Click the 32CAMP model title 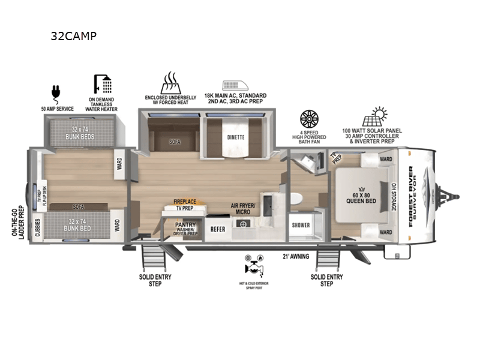click(74, 35)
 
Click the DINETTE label click(236, 137)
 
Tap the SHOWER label click(301, 226)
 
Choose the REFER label click(217, 229)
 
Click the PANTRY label click(185, 225)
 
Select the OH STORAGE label click(394, 197)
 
